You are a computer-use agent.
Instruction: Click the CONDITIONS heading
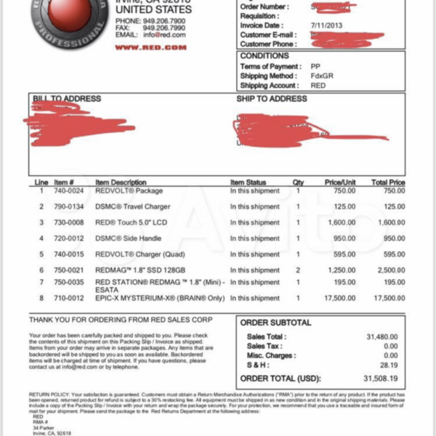pos(265,56)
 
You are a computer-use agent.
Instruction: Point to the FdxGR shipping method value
pos(321,75)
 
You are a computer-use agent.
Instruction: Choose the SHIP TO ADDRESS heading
pos(271,98)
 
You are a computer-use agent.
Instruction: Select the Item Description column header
pos(121,182)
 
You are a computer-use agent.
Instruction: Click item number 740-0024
pos(69,190)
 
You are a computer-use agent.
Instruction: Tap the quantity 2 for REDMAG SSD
pos(298,270)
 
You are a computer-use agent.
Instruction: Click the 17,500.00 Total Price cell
pos(388,298)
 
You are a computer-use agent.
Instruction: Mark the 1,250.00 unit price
pos(340,270)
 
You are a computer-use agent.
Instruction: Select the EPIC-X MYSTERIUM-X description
pos(151,298)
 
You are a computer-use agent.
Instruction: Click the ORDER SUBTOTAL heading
pos(275,323)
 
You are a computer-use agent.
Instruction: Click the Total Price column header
pos(388,182)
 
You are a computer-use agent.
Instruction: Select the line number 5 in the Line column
pos(41,254)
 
